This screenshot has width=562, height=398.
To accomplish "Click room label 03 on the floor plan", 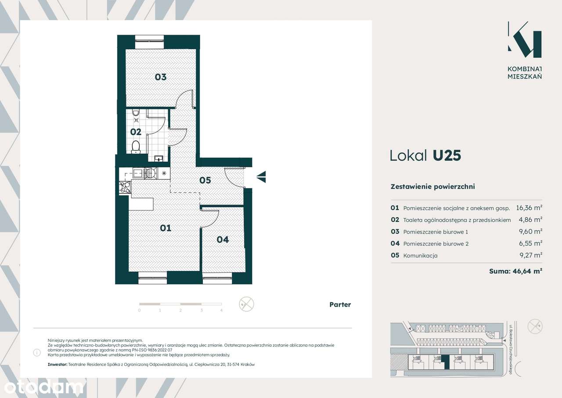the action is (161, 77).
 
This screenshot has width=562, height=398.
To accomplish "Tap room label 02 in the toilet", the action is (136, 132).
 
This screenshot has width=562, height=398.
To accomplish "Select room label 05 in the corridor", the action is (205, 180).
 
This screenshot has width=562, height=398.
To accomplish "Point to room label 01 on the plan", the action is (166, 228).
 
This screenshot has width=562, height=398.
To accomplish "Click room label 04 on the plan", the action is (223, 239).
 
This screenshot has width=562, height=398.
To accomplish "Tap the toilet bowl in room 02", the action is (136, 147).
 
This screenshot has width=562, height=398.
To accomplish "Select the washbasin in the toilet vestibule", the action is (159, 159).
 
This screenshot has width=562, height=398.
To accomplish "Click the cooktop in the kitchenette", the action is (125, 187).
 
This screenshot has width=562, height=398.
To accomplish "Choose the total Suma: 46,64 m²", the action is (516, 271).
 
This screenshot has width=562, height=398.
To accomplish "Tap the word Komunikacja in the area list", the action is (421, 256).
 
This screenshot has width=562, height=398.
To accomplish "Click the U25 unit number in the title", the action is (447, 156).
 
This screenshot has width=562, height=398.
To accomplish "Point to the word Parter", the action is (340, 304).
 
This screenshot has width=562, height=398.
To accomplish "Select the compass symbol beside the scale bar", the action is (246, 304).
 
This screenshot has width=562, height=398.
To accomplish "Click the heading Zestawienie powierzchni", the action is (433, 187).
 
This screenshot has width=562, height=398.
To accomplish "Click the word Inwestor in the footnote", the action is (58, 364).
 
